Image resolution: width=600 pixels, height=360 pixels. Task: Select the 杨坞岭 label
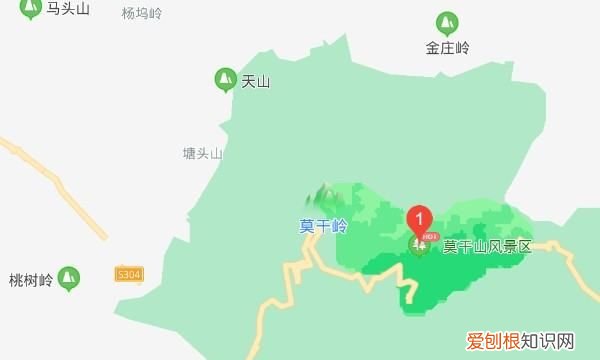(x=141, y=14)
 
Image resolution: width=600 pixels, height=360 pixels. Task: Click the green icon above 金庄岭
(x=447, y=22)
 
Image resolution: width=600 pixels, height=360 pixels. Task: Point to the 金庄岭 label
(x=447, y=48)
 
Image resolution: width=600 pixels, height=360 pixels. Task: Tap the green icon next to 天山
(x=225, y=79)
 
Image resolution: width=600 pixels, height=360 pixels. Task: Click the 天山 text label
(x=256, y=82)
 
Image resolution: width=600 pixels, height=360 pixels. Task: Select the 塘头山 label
(x=202, y=154)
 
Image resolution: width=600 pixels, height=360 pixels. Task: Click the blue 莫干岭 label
(x=323, y=226)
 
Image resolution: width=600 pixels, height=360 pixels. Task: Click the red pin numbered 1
(x=420, y=216)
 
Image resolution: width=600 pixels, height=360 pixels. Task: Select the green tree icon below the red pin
(x=419, y=246)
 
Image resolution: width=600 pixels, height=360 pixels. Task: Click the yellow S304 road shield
(x=129, y=273)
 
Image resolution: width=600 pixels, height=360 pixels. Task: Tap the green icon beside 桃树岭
(x=69, y=276)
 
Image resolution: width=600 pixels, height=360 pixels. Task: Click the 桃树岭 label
(x=30, y=280)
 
